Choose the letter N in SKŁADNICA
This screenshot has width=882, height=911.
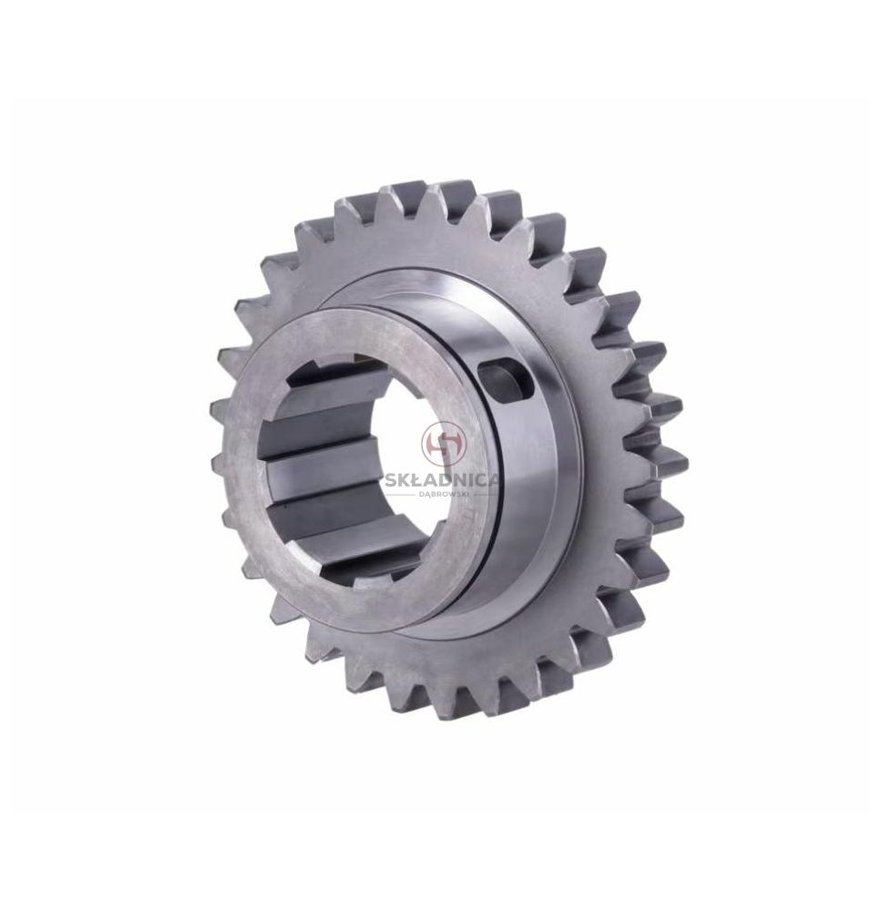coord(457,480)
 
